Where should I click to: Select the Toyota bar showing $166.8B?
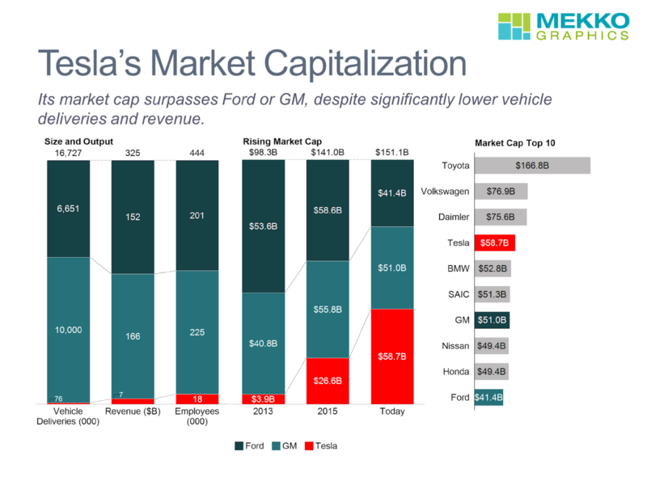coord(532,166)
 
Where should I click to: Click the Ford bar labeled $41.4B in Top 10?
coord(488,397)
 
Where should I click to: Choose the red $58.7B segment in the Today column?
coord(391,356)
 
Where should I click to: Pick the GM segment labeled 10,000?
coord(68,329)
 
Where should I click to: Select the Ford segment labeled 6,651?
coord(68,209)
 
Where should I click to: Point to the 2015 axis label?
coord(328,411)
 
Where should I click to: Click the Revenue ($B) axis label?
coord(132,411)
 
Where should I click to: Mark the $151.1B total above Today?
coord(391,152)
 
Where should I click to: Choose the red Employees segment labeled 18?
coord(197,399)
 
